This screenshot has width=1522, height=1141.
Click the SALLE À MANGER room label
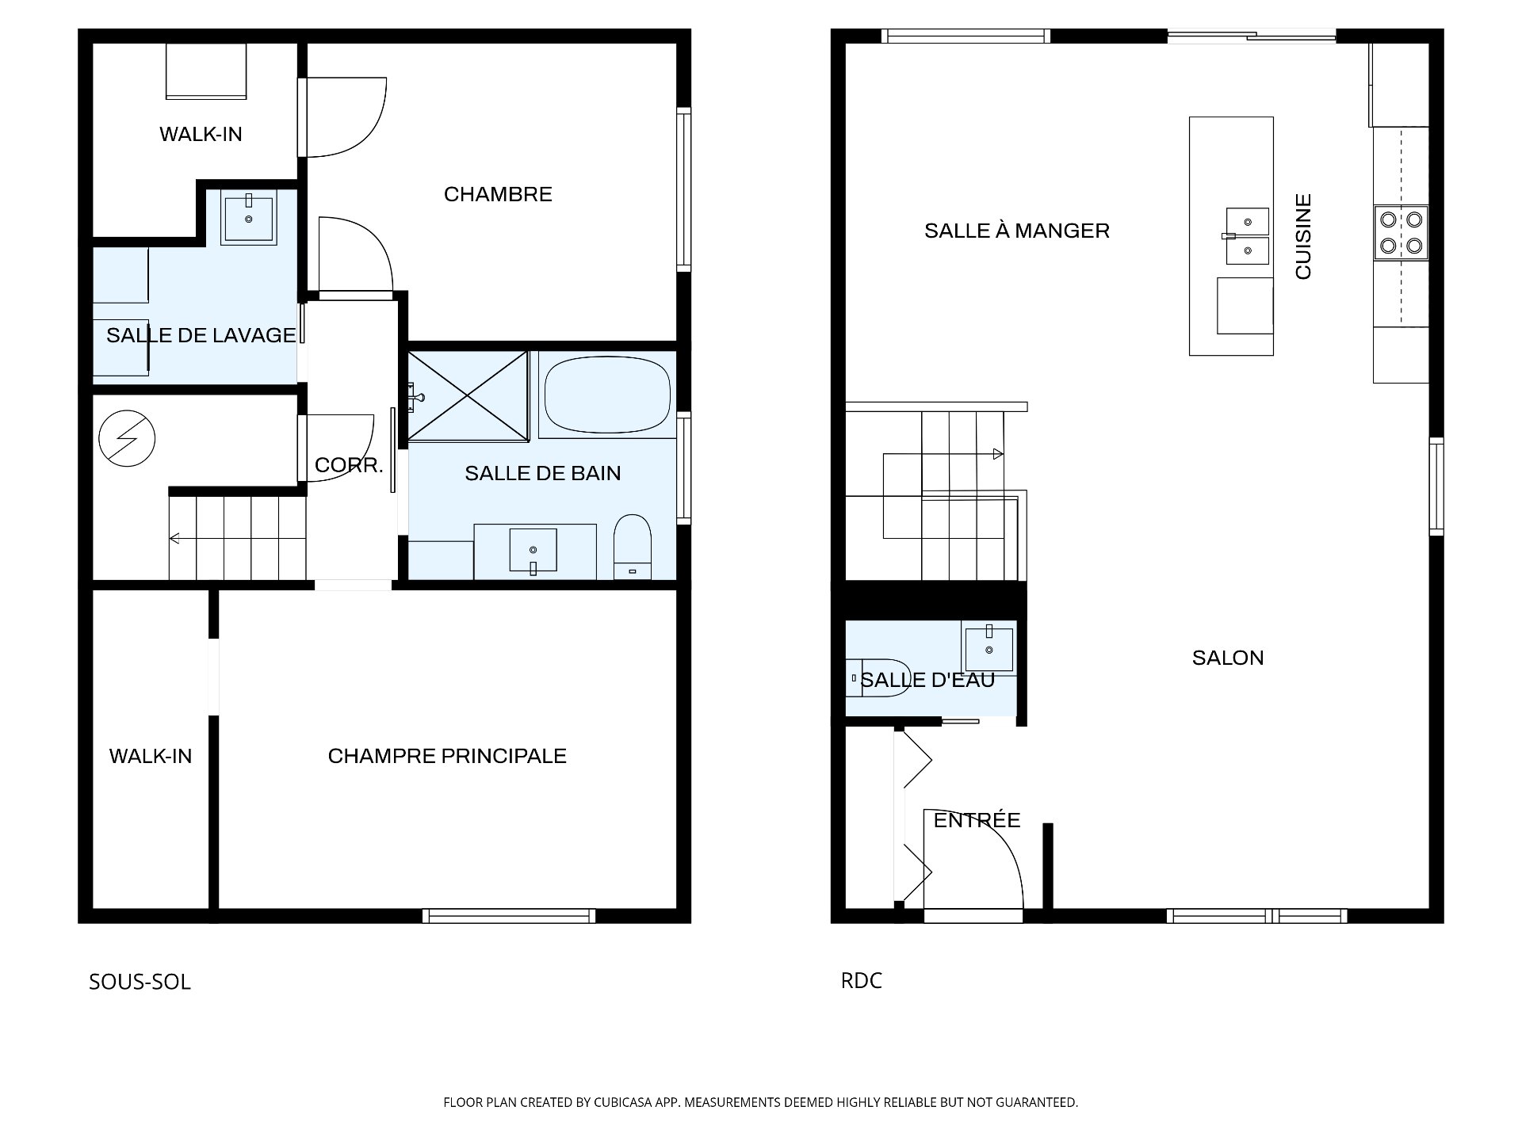(1016, 231)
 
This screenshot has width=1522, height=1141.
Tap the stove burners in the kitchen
(1401, 232)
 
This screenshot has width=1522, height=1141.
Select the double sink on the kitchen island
(1247, 236)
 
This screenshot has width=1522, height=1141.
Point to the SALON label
(1228, 658)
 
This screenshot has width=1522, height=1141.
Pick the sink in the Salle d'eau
(989, 650)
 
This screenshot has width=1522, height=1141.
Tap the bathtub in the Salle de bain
(608, 395)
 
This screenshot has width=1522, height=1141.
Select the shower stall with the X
(467, 395)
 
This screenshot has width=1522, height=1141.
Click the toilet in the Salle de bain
(633, 547)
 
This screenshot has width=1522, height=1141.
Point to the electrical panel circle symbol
(127, 439)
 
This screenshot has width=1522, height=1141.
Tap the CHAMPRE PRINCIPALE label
(447, 756)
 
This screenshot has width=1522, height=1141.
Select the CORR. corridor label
(349, 465)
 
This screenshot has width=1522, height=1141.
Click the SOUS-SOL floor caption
(140, 982)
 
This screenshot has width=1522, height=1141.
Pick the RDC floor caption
(861, 980)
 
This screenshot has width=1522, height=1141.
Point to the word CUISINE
(1303, 236)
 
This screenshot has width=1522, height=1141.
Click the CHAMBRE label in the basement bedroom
(498, 194)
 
